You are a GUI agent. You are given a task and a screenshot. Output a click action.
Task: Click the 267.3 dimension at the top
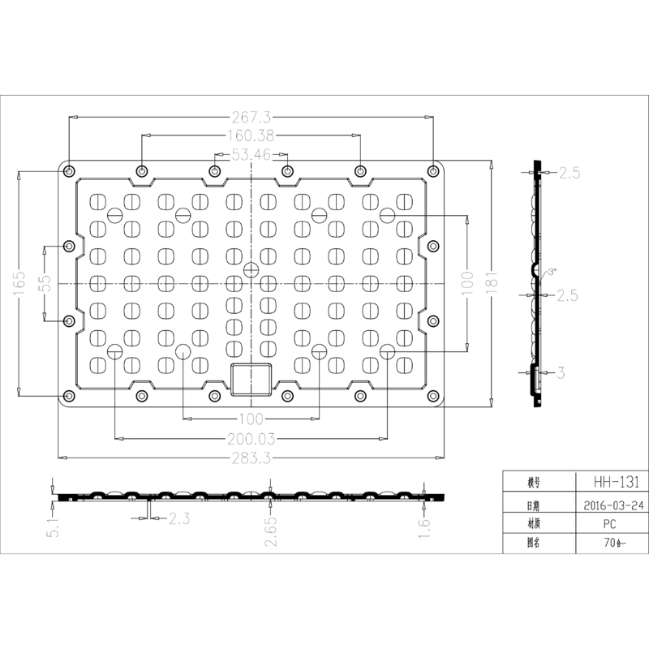[x=251, y=117]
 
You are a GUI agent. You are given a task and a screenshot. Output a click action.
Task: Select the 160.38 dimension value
[x=251, y=135]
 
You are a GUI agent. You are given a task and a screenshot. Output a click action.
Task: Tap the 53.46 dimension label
[x=251, y=153]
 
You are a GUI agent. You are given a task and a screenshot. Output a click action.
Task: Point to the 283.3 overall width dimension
[x=251, y=458]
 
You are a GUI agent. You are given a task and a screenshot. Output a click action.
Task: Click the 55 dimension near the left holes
[x=45, y=283]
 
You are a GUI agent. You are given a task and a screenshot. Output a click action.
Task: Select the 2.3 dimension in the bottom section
[x=179, y=518]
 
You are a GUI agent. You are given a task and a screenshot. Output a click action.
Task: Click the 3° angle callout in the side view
[x=552, y=273]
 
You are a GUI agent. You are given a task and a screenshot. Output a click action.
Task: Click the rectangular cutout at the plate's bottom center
[x=251, y=380]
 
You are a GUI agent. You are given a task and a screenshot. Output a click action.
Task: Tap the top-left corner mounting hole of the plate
[x=70, y=171]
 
